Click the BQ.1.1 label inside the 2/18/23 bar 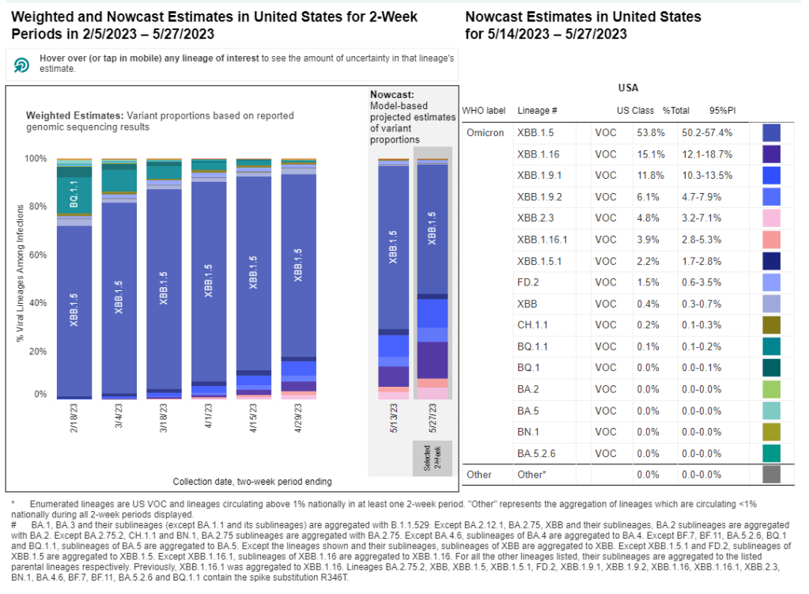click(73, 194)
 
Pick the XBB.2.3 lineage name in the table click(536, 218)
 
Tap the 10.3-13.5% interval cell click(706, 176)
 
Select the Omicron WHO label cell click(486, 133)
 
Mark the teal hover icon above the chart click(22, 64)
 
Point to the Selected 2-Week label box click(431, 458)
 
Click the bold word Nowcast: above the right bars click(391, 94)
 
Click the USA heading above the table click(628, 88)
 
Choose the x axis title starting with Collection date click(251, 481)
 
